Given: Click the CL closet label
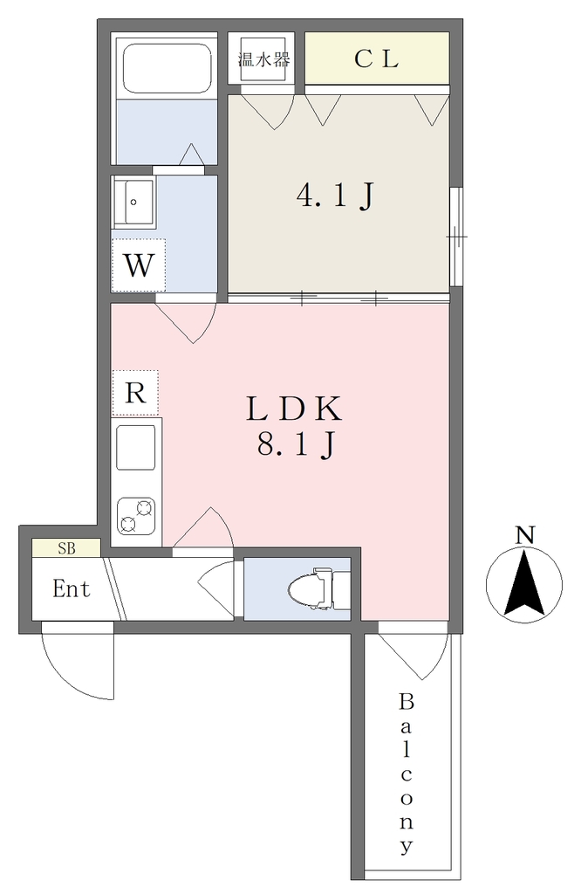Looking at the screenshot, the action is [376, 58].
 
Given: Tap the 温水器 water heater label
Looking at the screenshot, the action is [263, 59].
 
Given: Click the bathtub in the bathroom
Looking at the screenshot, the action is [167, 68].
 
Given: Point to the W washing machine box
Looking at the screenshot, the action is [139, 265].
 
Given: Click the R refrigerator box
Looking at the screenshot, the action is [135, 393].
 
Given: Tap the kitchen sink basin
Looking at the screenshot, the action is [135, 447].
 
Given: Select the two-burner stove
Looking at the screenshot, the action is [136, 515].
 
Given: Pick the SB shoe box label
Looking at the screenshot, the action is [66, 548].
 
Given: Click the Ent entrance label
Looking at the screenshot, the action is [72, 588].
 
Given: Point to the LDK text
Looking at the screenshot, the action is [294, 409].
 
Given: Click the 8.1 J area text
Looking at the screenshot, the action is [295, 444].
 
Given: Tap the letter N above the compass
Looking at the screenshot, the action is [524, 535].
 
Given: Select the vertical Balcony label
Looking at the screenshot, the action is [407, 774].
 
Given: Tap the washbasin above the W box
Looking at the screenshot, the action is [134, 203].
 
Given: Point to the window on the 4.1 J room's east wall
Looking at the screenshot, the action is [455, 236].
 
